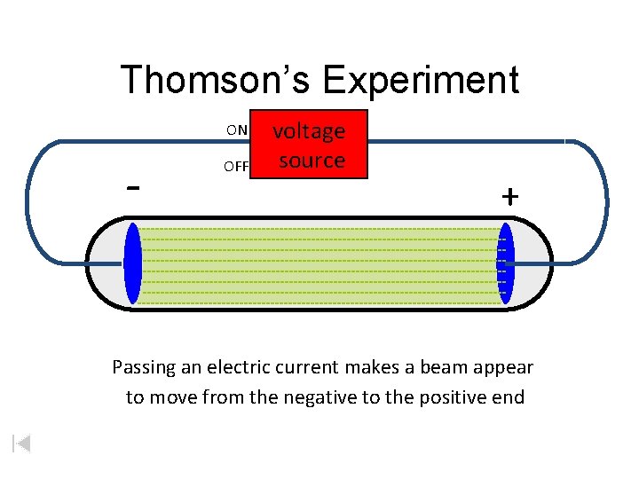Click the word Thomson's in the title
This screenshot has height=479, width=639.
tap(217, 80)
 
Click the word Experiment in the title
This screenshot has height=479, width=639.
tap(421, 80)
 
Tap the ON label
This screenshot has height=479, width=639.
tap(237, 130)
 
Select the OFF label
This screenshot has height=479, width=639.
tap(236, 166)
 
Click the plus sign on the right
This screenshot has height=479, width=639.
tap(509, 197)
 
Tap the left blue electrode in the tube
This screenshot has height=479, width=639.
tap(133, 264)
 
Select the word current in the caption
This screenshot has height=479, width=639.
tap(316, 367)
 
